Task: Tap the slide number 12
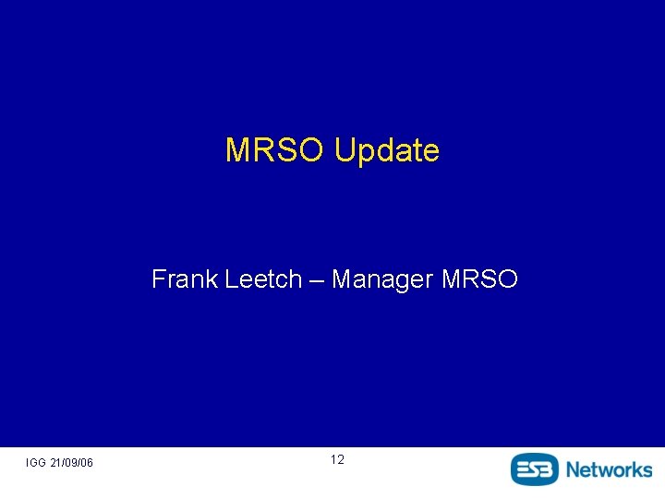point(337,459)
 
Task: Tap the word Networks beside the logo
point(609,468)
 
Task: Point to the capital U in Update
point(344,150)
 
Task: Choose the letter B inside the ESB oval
point(549,468)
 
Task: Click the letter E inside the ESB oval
point(522,468)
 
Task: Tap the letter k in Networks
point(636,468)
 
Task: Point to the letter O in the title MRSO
point(312,150)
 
